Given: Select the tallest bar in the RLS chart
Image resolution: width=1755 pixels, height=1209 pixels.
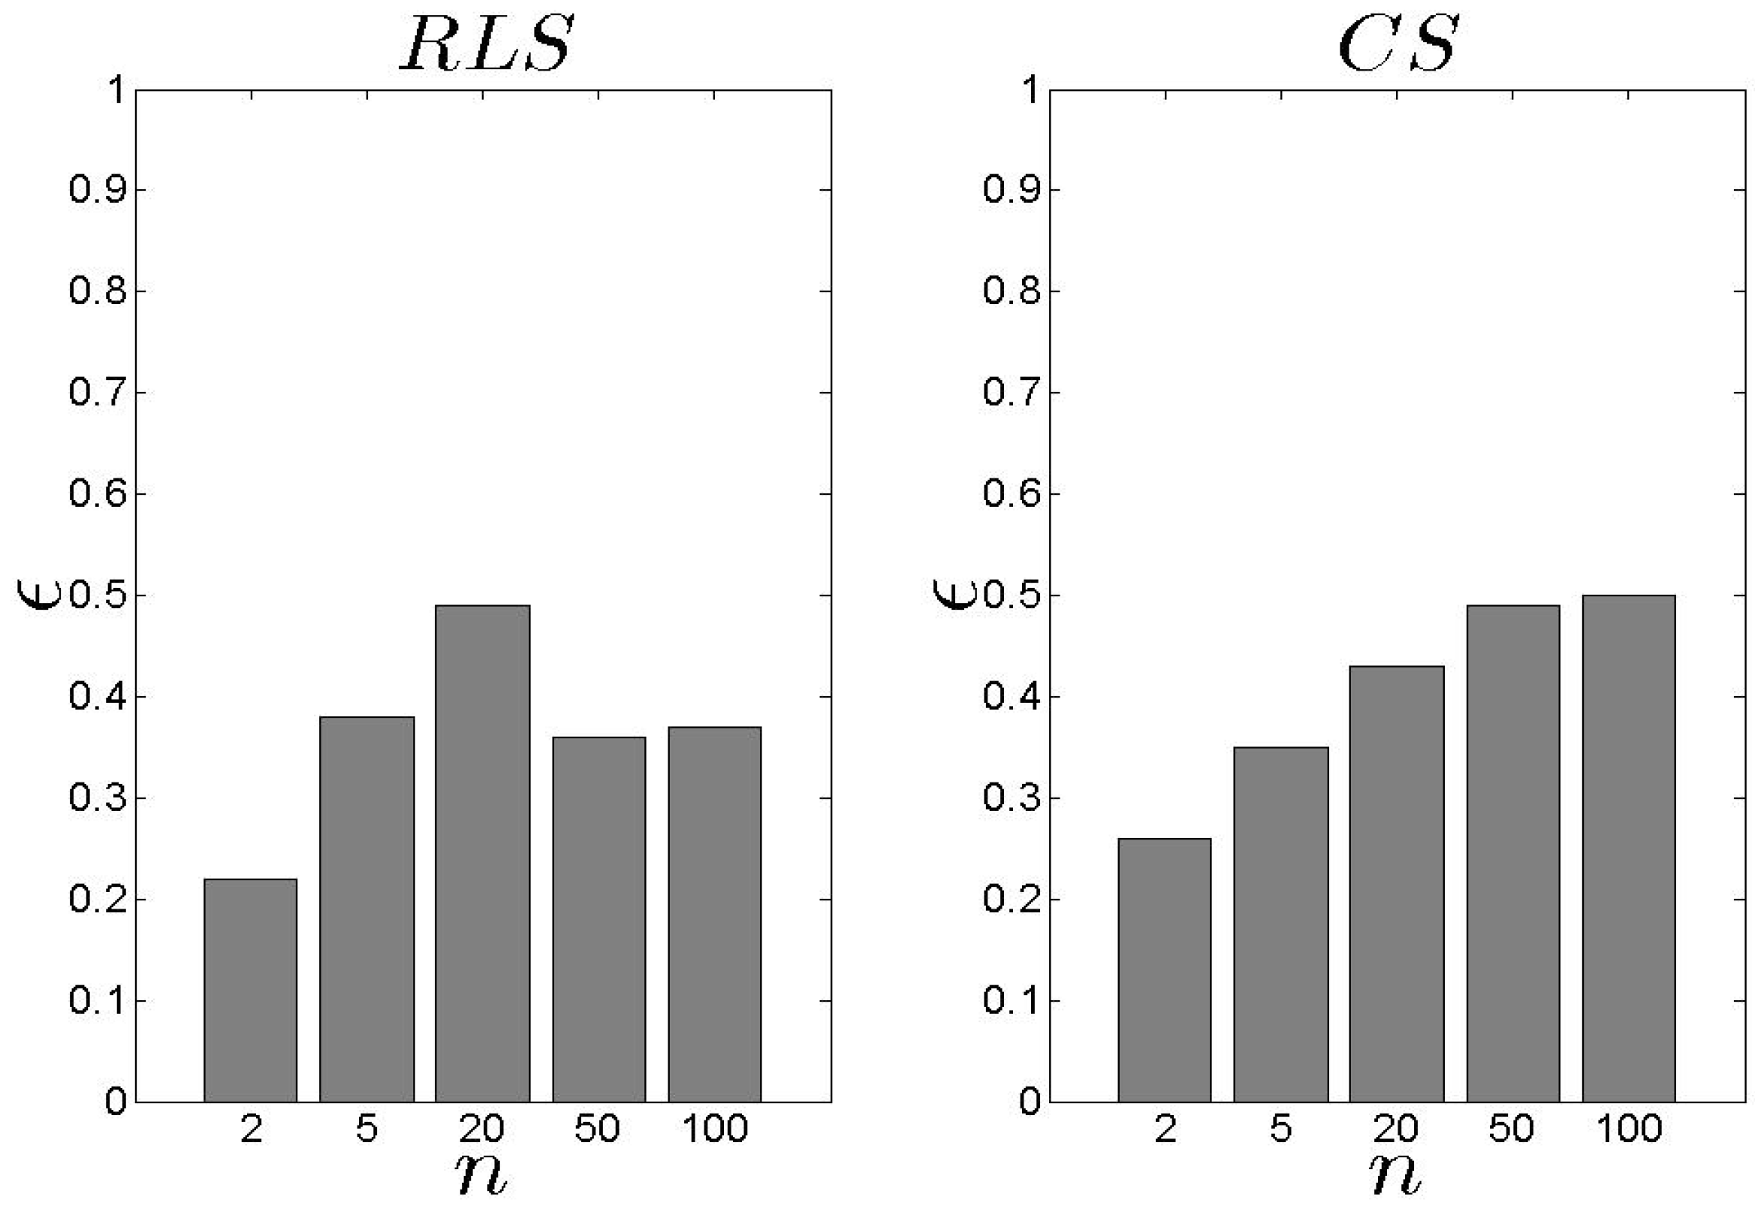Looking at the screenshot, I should click(481, 853).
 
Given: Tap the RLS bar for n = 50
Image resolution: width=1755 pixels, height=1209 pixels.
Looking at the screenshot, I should click(599, 919).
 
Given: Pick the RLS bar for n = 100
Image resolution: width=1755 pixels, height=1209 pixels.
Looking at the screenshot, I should click(714, 914).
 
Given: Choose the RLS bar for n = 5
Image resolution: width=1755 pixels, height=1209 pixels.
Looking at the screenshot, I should click(366, 909).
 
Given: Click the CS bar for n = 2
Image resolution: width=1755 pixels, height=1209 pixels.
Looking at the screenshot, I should click(1164, 969).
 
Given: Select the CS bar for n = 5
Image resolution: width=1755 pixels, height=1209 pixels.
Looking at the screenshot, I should click(1281, 924).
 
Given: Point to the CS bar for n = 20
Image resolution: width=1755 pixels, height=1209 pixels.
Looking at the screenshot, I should click(1397, 883).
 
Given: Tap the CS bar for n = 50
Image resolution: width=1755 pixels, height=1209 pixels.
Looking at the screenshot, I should click(1512, 853).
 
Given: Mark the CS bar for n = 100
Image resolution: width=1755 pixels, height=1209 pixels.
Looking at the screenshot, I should click(1629, 849).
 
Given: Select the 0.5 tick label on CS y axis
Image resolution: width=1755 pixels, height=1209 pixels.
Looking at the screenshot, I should click(1012, 595).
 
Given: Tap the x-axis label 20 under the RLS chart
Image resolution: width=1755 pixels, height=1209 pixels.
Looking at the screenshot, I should click(481, 1129).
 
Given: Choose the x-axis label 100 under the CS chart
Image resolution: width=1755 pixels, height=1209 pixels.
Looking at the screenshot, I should click(1629, 1129).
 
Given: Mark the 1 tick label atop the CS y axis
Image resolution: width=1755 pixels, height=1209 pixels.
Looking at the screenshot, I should click(1029, 90).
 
